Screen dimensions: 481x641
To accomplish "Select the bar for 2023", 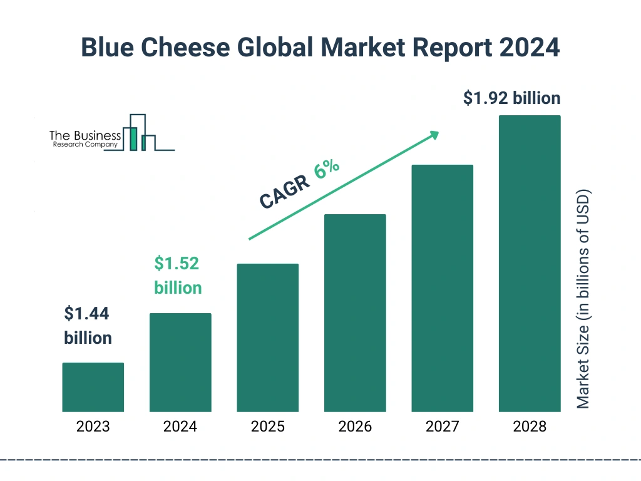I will pos(93,387).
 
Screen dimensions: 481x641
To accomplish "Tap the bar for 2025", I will pos(267,338).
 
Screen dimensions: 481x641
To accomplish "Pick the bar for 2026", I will pos(355,313).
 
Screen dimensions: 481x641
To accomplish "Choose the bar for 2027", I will pos(442,288).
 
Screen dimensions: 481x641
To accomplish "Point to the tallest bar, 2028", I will pos(530,263).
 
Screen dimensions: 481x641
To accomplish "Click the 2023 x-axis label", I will pos(93,427).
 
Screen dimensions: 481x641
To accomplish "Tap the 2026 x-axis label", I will pos(355,427).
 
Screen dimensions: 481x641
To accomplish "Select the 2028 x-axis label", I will pos(530,427).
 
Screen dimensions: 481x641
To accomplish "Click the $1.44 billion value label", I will pos(88,326).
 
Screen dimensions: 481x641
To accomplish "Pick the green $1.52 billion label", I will pos(178,276).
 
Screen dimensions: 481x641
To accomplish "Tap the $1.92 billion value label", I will pos(511,98).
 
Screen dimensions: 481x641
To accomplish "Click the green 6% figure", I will pos(327,169).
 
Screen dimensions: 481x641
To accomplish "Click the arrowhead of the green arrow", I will pos(433,135).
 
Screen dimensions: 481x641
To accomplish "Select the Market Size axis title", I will pos(583,298).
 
